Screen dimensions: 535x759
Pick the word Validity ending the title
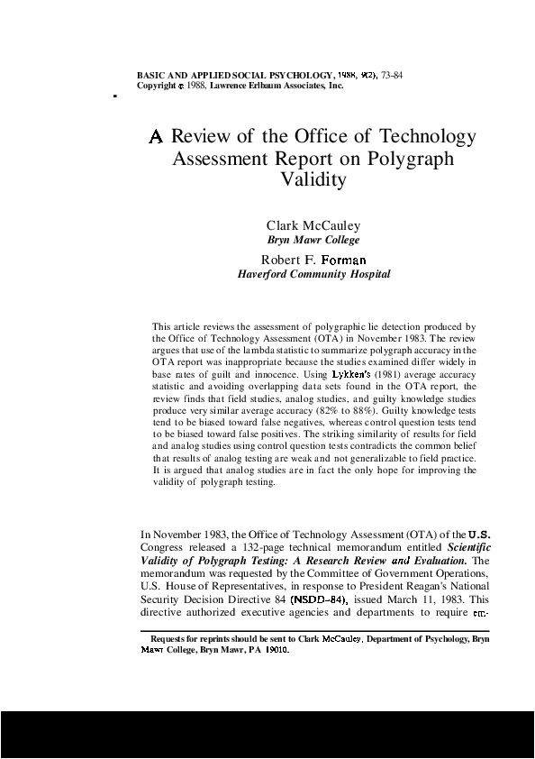point(313,180)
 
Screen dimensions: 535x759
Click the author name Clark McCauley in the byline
point(313,224)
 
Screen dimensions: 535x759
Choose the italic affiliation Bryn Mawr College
point(313,240)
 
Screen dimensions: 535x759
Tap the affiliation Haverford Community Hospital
point(313,274)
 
